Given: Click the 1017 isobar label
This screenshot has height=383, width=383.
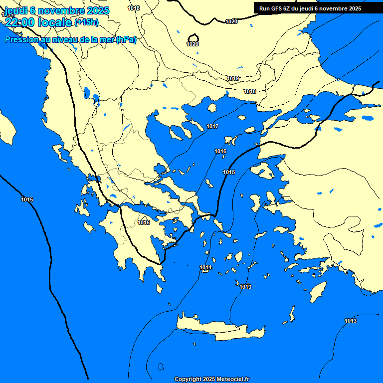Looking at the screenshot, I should click(212, 126).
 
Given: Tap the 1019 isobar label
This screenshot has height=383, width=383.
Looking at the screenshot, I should click(233, 78).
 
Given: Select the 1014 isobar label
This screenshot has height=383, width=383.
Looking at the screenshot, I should click(205, 268).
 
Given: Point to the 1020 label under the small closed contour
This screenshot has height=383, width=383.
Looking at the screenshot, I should click(192, 44).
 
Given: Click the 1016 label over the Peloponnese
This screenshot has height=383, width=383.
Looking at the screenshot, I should click(144, 222).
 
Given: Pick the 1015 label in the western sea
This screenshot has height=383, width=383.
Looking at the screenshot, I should click(27, 200).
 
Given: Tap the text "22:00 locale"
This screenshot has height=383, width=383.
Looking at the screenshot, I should click(38, 21).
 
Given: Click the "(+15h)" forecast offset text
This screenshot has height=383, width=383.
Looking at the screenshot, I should click(86, 22).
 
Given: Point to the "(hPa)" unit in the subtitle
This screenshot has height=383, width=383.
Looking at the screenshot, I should click(126, 40).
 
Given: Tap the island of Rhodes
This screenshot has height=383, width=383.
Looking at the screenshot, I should click(317, 292).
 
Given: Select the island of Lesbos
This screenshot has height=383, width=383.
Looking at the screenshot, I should click(262, 172).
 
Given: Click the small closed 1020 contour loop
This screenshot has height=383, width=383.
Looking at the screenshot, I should click(193, 38).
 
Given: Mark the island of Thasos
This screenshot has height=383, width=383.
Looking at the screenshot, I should click(212, 108).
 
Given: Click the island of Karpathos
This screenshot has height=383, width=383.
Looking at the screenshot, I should click(291, 314).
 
